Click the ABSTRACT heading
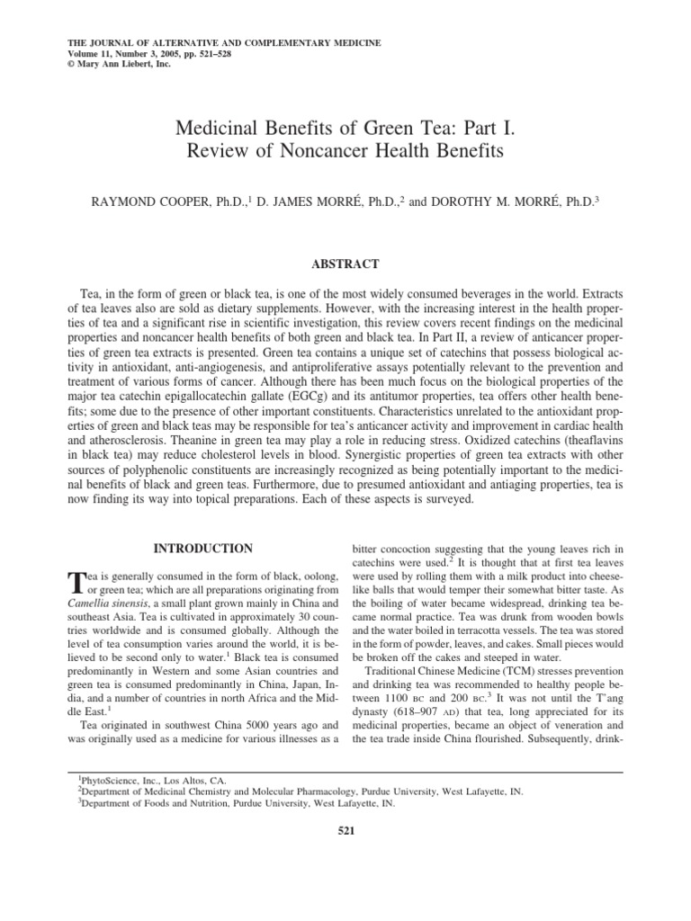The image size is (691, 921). pyautogui.click(x=345, y=264)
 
